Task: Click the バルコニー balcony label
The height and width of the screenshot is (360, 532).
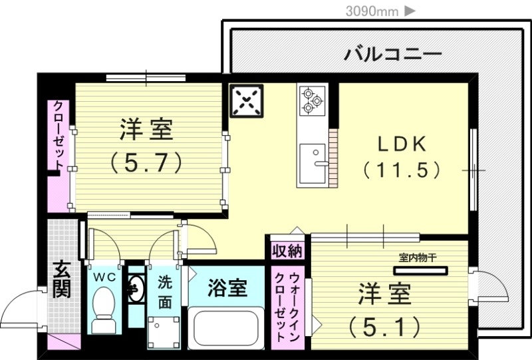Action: (x=393, y=54)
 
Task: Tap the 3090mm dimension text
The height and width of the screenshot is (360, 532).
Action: (x=372, y=11)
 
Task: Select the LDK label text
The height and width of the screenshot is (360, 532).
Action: (x=402, y=144)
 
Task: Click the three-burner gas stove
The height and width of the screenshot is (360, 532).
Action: (x=312, y=100)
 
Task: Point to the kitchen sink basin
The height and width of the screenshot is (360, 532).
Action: (x=313, y=163)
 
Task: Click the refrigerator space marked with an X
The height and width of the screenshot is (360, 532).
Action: (x=247, y=101)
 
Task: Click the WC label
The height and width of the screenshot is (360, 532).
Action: (x=105, y=277)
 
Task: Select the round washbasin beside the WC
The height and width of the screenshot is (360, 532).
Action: (x=136, y=289)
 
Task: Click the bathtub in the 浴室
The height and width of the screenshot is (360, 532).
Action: (x=226, y=328)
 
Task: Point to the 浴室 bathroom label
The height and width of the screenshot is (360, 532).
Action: (x=227, y=287)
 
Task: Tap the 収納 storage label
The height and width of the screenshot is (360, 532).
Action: (x=287, y=251)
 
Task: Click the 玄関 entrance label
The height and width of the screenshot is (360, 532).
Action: (x=62, y=279)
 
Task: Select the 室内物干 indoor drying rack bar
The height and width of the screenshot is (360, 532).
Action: (x=420, y=271)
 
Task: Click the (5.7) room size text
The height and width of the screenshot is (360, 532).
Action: (x=146, y=162)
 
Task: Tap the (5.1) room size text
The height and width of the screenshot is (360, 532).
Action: (x=384, y=327)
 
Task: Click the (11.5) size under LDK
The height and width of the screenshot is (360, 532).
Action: (x=402, y=170)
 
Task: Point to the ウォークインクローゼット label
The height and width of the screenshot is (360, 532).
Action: (x=288, y=307)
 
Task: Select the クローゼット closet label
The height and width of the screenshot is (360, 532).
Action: (x=58, y=135)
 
